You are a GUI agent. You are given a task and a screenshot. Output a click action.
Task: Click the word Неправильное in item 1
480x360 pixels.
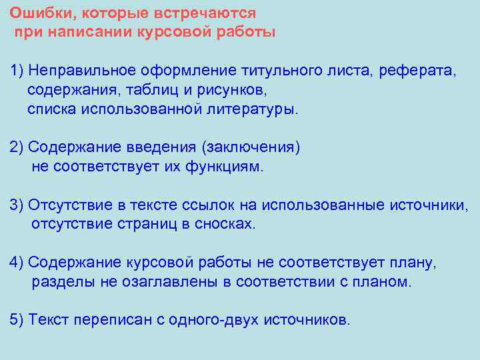point(82,71)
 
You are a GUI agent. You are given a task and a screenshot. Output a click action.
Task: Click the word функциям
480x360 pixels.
point(227,167)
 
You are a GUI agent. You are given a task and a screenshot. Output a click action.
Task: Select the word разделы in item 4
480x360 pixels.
point(63,281)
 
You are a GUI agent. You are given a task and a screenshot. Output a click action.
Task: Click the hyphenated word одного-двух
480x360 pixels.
point(210,320)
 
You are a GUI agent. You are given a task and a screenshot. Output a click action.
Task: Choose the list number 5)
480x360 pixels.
point(17,320)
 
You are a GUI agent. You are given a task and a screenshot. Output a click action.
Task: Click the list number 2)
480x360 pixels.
point(17,147)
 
